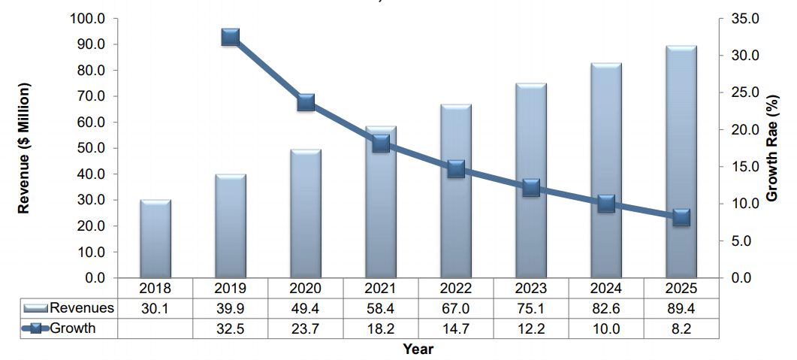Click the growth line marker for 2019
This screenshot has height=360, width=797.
[230, 38]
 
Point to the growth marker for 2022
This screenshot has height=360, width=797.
[455, 168]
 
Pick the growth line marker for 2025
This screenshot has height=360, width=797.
[681, 217]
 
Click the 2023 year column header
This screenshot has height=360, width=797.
[530, 289]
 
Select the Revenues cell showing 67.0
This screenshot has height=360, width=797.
[455, 308]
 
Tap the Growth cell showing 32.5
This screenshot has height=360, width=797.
[230, 328]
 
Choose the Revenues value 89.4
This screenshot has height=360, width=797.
[681, 308]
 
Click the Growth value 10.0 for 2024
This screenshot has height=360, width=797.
[605, 328]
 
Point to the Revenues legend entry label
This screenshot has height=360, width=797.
[82, 308]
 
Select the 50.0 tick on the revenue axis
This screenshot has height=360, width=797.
[94, 148]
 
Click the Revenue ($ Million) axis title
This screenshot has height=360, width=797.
[24, 148]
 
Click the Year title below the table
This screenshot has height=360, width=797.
[418, 349]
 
